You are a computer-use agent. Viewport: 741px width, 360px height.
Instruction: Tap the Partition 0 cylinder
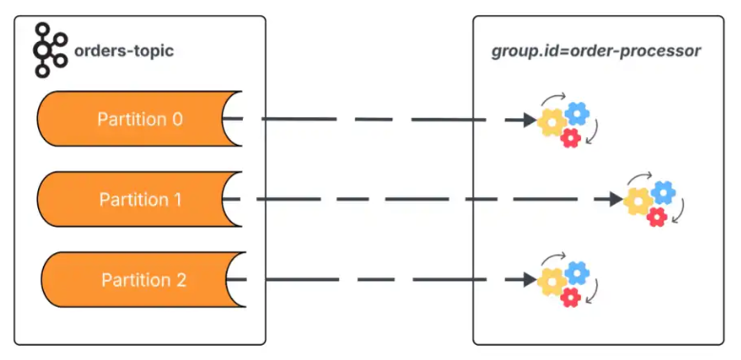tap(133, 119)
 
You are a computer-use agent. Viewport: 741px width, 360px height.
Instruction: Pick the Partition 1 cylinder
tap(133, 200)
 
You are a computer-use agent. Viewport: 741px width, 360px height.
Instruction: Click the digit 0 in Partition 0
tap(176, 119)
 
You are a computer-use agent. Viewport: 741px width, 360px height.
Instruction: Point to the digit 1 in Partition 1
tap(176, 200)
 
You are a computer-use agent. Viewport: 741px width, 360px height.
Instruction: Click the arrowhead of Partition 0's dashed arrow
tap(528, 120)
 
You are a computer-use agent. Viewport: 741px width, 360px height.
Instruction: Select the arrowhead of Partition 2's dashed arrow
tap(528, 280)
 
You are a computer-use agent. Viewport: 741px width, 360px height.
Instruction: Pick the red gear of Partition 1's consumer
tap(656, 217)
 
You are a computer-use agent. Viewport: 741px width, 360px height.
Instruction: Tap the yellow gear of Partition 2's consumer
tap(551, 281)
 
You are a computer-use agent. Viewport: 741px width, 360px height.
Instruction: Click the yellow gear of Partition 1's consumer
tap(637, 201)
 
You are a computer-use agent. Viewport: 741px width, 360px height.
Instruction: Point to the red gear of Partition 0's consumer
tap(571, 138)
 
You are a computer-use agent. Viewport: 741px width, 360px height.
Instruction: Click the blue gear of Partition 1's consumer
tap(663, 193)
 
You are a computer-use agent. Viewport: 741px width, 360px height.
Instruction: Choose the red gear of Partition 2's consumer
tap(571, 298)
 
